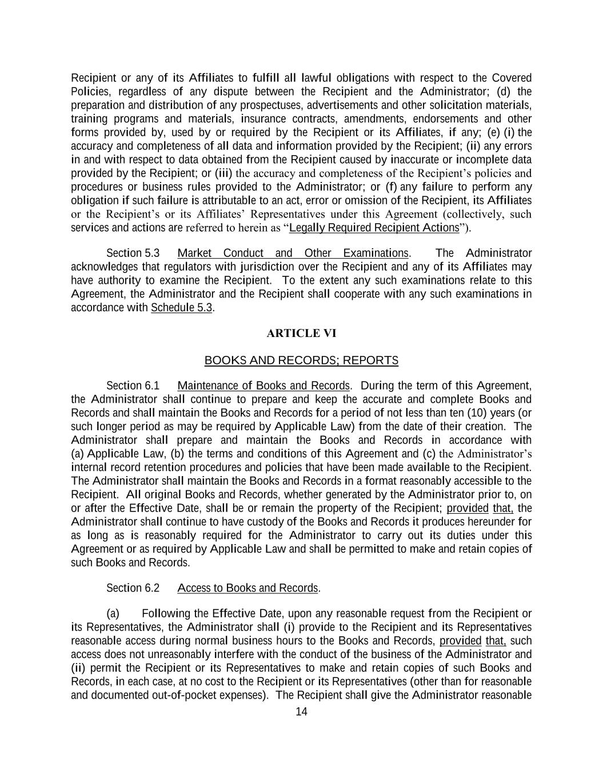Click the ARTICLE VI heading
pyautogui.click(x=301, y=334)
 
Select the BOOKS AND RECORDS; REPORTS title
pyautogui.click(x=301, y=360)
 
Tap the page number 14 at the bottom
pyautogui.click(x=301, y=712)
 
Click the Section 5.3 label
pyautogui.click(x=133, y=253)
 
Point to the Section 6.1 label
pyautogui.click(x=133, y=386)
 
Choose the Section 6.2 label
pyautogui.click(x=133, y=588)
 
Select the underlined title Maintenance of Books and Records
pyautogui.click(x=263, y=386)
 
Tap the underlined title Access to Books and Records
pyautogui.click(x=247, y=588)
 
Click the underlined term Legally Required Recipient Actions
pyautogui.click(x=374, y=228)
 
